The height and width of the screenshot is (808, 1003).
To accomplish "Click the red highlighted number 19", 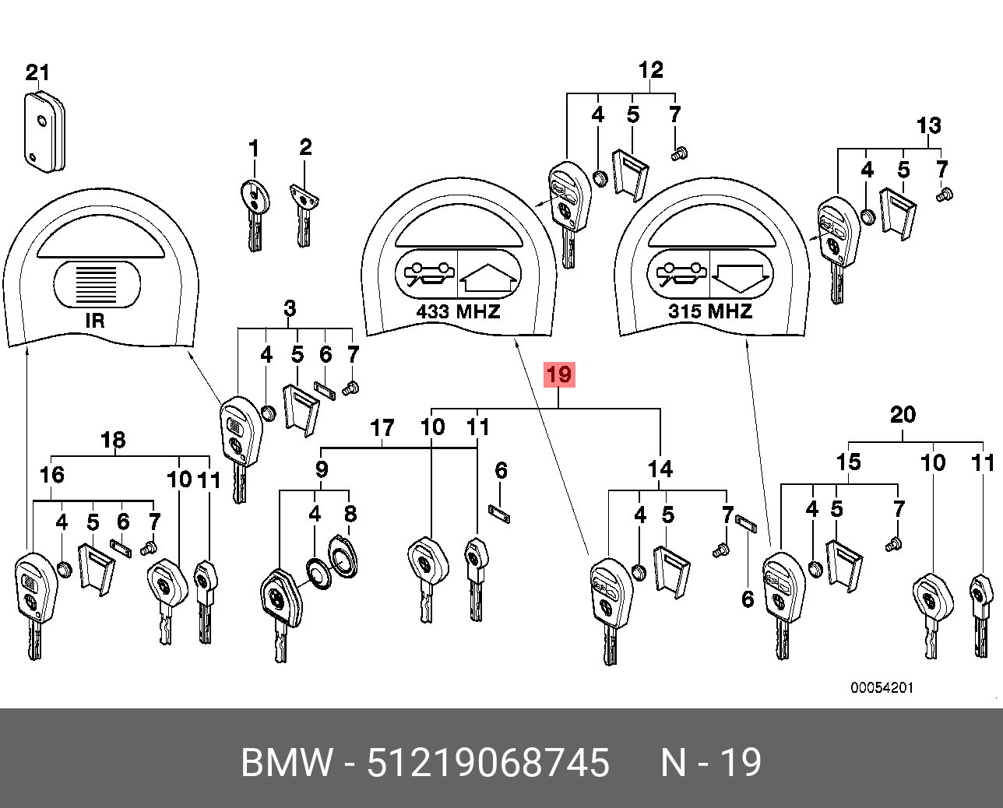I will pos(559,375).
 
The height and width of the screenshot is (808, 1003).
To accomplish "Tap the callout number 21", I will pos(37,72).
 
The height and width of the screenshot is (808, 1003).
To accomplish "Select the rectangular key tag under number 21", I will pos(44,132).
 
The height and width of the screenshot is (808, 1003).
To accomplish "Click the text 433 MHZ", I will pos(458,311).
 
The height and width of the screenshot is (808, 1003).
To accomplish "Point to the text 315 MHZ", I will pos(710,311).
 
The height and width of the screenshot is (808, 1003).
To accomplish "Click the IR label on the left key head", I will pos(95,320).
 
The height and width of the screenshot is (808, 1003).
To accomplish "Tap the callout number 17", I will pos(382,428).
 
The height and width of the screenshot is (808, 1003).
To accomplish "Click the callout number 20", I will pos(903,414).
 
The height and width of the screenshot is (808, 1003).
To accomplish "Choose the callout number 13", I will pos(928,125).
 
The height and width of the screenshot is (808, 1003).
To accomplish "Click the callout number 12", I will pos(650,70).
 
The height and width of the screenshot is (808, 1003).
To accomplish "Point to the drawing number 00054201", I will pos(882,687).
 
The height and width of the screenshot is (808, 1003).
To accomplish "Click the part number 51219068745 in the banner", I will pos(488,763).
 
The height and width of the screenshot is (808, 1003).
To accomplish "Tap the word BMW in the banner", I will pos(287,763).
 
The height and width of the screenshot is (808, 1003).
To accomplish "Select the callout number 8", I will pos(350,514).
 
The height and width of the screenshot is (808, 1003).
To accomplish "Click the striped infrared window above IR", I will pos(96,284).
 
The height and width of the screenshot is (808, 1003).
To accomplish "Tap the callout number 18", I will pos(113,440).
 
